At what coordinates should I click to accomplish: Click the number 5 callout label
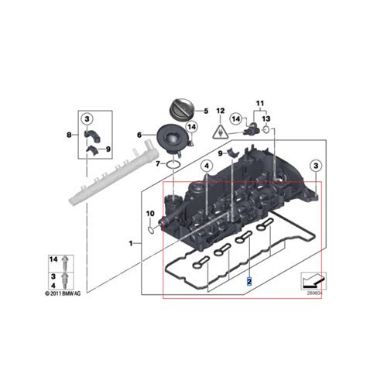click(206, 111)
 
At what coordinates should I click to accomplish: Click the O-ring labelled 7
click(174, 163)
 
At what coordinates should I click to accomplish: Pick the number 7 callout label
click(157, 164)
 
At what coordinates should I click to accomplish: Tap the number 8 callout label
click(70, 135)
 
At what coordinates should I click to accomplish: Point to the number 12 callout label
click(220, 111)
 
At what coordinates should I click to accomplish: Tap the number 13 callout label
click(266, 118)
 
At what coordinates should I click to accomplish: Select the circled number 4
click(207, 166)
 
